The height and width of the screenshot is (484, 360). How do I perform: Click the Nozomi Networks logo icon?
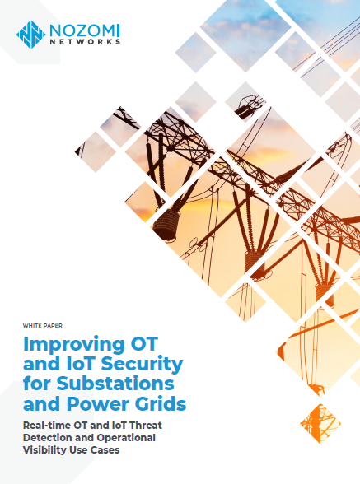coord(30,34)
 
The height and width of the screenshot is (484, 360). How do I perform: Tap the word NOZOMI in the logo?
coord(82,30)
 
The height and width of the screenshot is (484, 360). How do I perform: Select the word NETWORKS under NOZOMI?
coord(82,42)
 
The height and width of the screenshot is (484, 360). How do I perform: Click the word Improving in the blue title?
coord(65,342)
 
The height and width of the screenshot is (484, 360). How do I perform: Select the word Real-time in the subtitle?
coord(50,425)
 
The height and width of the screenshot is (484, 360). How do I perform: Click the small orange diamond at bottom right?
coord(315,419)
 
